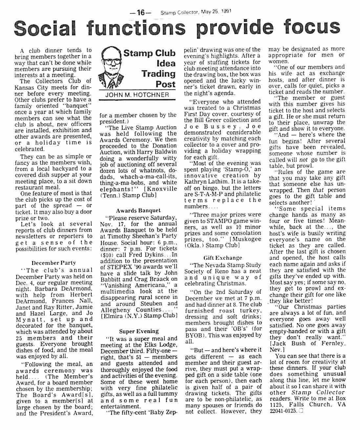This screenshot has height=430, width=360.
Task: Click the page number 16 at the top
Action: point(140,12)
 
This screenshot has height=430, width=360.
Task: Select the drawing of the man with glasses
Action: point(111,67)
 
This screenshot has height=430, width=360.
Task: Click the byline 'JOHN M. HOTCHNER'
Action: point(137,95)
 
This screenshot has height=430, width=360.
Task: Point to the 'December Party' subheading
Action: point(53,263)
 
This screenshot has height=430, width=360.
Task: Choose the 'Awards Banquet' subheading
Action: point(138,211)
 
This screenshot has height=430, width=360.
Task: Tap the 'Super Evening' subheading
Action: point(139,331)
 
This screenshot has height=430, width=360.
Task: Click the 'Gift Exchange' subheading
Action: point(222,258)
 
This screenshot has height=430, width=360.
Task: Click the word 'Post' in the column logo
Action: point(165,84)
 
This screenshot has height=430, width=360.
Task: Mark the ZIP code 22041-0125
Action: point(283,411)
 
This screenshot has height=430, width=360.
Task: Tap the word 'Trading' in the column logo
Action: point(159,73)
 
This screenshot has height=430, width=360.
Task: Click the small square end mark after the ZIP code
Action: point(301,411)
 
